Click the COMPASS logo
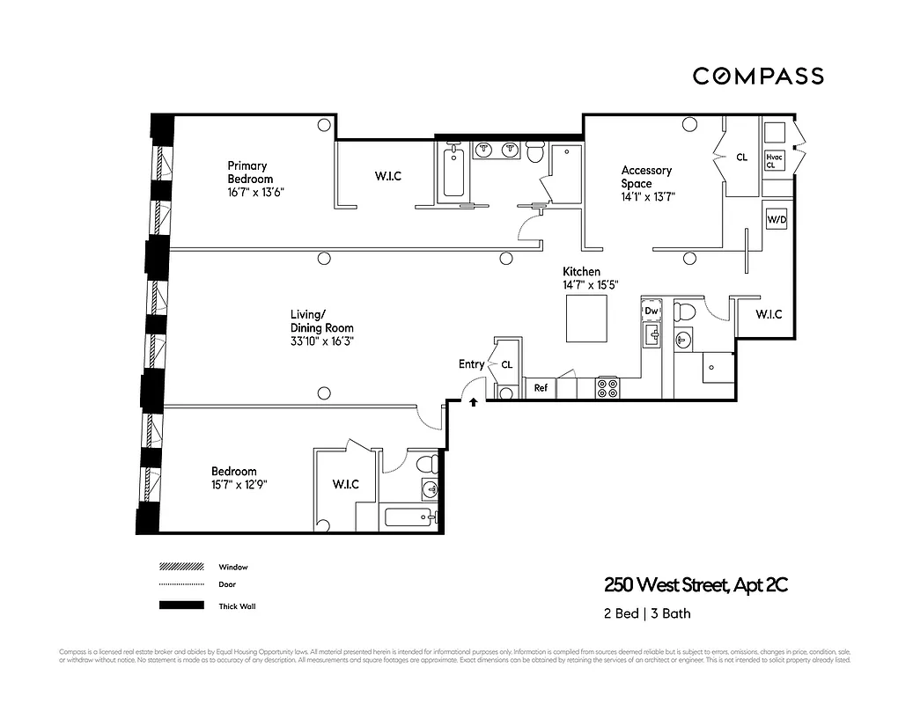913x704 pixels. coord(757,76)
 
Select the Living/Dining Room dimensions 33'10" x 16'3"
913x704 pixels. coord(322,341)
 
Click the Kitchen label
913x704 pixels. coord(582,272)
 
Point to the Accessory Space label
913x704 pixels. coord(646,177)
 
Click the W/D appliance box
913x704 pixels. coord(777,218)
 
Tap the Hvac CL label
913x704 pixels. coord(775,160)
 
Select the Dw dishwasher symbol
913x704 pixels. coord(652,311)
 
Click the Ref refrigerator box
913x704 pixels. coord(541,388)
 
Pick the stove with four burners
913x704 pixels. coord(607,388)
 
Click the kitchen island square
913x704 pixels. coord(585,319)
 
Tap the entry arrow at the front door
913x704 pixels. coord(474,402)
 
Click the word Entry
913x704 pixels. coord(471,364)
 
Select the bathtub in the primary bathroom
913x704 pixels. coord(453,172)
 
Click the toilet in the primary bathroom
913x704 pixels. coord(534,153)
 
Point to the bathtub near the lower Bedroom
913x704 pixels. coord(409,517)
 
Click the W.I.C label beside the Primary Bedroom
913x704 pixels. coord(387,176)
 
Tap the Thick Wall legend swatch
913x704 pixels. coord(180,605)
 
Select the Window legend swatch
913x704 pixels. coord(180,567)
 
